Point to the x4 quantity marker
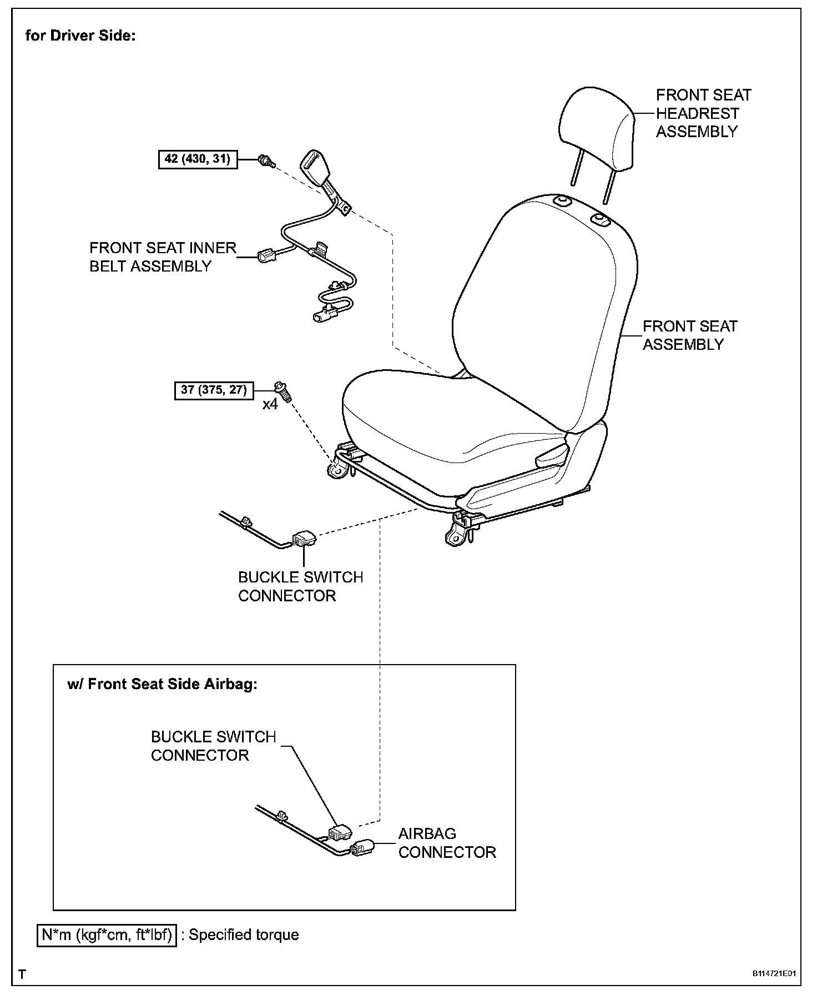(x=270, y=404)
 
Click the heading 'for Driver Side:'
(x=80, y=36)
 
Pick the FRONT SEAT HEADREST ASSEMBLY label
(x=703, y=113)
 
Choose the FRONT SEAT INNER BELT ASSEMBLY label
(x=163, y=257)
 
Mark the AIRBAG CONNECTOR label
(x=447, y=843)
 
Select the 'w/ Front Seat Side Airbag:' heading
(x=162, y=684)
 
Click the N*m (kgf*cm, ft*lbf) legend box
(x=107, y=935)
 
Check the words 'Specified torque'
(x=244, y=935)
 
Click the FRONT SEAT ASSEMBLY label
(x=689, y=335)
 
